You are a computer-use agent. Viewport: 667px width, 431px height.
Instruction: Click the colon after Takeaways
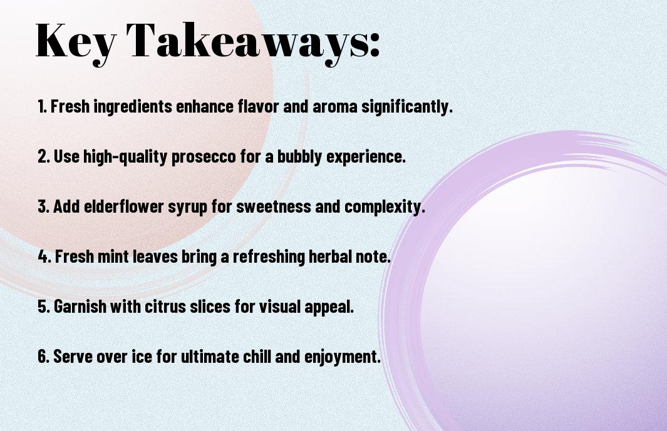[x=374, y=45]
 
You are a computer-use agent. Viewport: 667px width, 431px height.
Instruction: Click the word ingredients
[x=132, y=107]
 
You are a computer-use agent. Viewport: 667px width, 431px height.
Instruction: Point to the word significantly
[x=406, y=107]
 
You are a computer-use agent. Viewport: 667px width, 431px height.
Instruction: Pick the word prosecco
[x=204, y=157]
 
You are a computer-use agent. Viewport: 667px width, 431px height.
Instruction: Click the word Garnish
[x=80, y=307]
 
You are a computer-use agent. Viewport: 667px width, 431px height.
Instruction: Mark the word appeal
[x=329, y=307]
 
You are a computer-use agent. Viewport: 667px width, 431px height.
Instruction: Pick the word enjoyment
[x=342, y=357]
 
